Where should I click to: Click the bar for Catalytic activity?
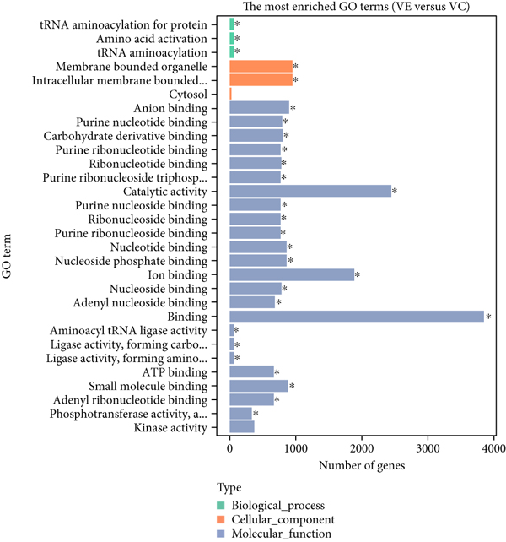(310, 192)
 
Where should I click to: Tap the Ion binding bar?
(291, 274)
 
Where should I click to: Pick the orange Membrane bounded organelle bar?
(261, 66)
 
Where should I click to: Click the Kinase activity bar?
(241, 427)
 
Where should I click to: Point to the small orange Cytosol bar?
(230, 95)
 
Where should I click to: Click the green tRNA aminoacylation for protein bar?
(232, 24)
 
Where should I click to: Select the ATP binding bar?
(251, 371)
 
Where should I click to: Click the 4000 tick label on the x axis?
(493, 447)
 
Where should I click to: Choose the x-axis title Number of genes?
(362, 464)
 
